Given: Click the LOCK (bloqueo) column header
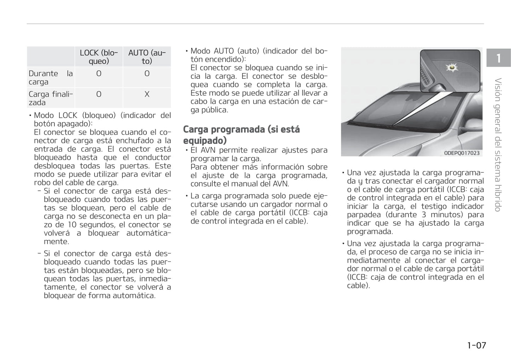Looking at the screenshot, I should pos(99,57).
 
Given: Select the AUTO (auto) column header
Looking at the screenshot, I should pos(147,57).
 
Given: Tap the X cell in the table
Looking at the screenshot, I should pos(147,94).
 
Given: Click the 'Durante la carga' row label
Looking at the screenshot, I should pos(51,77).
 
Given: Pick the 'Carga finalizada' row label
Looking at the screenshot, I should pos(51,98).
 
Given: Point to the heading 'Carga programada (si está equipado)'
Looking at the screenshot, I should pos(241,135).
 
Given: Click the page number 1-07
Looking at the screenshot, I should pos(476,345).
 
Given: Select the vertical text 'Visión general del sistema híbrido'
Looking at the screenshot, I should pos(498,145).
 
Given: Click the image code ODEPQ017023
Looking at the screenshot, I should pos(462,153).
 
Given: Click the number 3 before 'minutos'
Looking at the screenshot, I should pos(423,215).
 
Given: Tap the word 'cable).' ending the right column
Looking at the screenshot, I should pos(358,285).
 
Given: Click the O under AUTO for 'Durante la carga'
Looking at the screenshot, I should pos(147,73).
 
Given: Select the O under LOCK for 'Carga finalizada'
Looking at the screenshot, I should pos(99,94).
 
